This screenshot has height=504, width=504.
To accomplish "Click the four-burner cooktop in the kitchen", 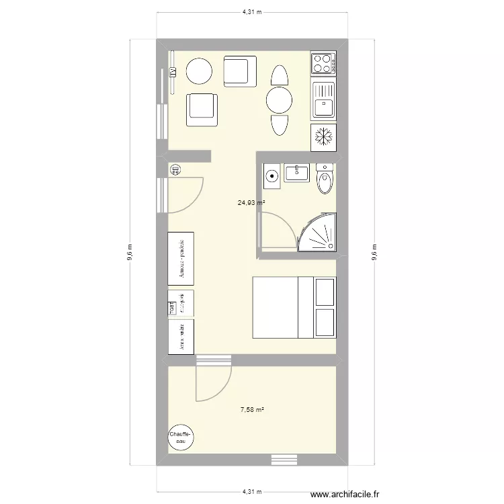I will tap(323, 63).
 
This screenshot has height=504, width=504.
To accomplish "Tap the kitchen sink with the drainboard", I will tap(323, 99).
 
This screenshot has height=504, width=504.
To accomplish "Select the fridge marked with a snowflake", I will tap(323, 136).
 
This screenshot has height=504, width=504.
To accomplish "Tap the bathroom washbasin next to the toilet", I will tap(296, 173).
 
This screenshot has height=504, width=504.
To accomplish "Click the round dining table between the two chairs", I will tap(278, 101).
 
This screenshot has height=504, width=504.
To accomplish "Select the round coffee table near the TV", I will tap(199, 71).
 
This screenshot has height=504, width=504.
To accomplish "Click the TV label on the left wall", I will tap(173, 71).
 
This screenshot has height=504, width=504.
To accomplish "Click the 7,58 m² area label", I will tap(251, 409).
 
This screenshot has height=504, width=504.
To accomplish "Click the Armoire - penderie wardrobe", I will tap(181, 258).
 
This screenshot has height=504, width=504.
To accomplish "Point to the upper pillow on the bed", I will tap(325, 292).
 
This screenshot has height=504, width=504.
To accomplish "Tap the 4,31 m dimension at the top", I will tap(251, 12).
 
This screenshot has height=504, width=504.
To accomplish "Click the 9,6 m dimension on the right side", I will tap(374, 252).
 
